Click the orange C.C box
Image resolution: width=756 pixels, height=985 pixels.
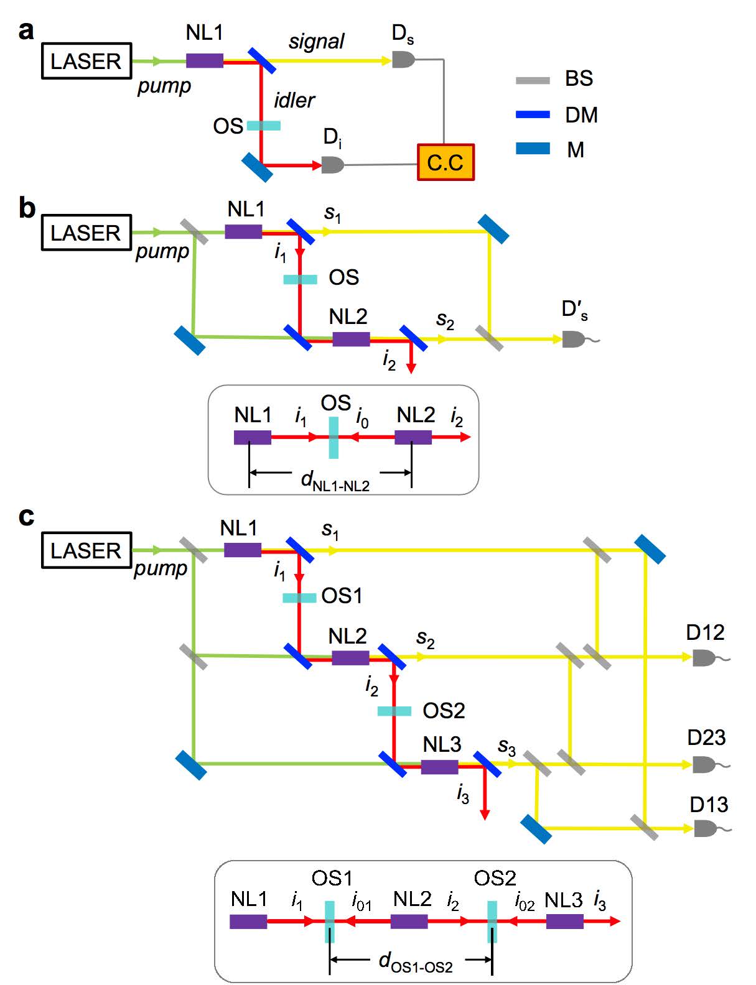[445, 162]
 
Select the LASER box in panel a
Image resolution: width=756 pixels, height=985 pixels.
[86, 61]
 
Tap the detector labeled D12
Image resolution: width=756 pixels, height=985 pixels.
[703, 657]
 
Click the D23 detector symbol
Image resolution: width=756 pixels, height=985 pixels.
[703, 764]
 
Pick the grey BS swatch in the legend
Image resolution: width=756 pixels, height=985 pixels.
[533, 80]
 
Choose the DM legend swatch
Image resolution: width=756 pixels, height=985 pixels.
[533, 114]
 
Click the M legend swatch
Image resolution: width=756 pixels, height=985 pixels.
[533, 149]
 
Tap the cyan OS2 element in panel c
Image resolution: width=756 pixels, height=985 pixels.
[394, 711]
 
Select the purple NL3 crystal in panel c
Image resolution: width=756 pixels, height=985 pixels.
[439, 767]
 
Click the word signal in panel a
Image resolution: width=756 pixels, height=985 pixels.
[316, 41]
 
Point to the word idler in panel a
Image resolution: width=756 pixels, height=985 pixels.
[294, 100]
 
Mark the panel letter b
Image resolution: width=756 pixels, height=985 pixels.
[27, 208]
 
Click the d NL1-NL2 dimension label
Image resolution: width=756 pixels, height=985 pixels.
[335, 481]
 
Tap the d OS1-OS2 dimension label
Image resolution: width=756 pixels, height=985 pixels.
[415, 962]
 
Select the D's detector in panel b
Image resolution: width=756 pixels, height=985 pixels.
[573, 339]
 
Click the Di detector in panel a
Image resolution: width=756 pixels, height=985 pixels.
[332, 165]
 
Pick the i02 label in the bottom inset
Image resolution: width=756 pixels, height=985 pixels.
[525, 902]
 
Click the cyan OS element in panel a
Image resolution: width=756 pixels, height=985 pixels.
[263, 126]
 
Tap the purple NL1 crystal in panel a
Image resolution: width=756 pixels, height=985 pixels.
[204, 60]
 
